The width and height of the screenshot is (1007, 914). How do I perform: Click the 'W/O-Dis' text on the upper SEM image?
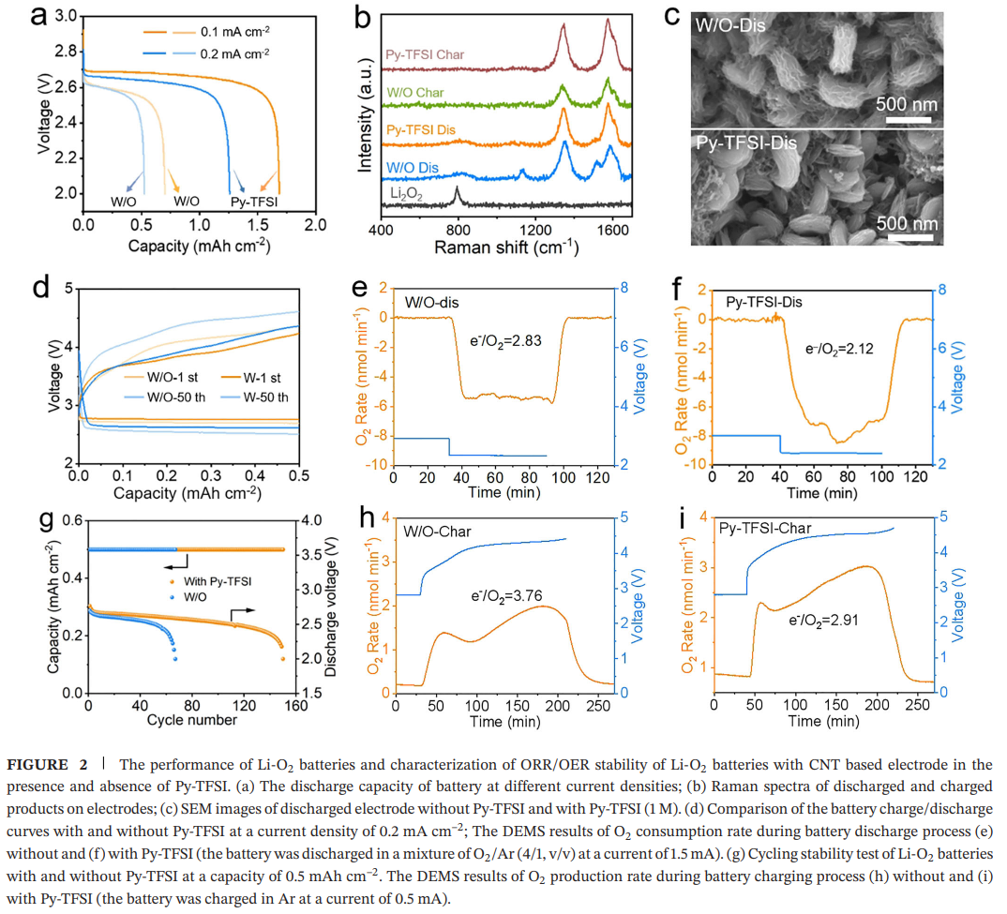(x=730, y=23)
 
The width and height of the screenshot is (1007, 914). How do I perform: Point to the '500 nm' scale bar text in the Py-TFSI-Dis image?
(x=906, y=224)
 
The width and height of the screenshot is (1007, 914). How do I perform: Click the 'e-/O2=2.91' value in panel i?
(x=823, y=620)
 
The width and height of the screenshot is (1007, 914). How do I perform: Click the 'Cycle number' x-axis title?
(x=191, y=720)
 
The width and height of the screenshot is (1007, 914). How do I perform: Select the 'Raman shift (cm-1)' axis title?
(x=505, y=248)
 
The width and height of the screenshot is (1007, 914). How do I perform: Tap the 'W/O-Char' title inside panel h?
(x=438, y=532)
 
